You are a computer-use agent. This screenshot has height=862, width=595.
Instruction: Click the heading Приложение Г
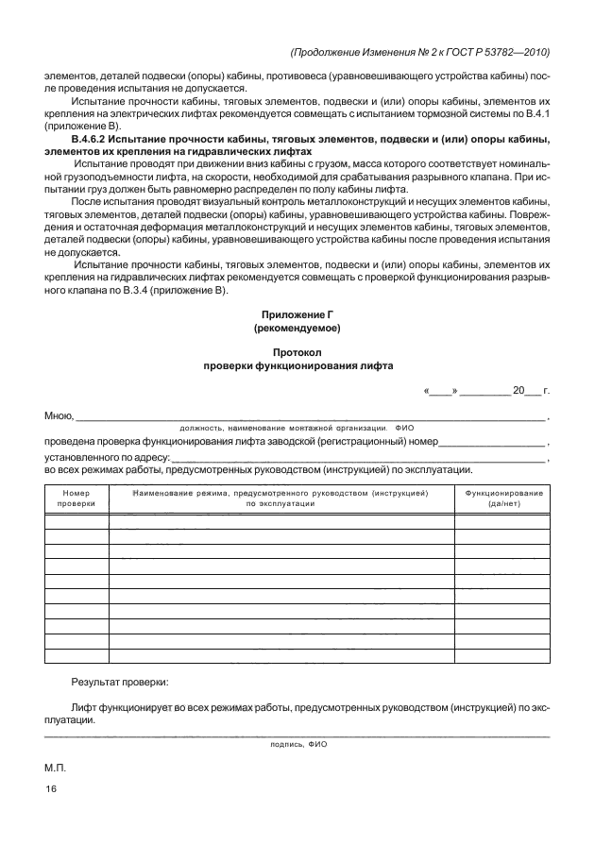(297, 313)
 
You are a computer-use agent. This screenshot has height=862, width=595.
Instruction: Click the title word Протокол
(297, 351)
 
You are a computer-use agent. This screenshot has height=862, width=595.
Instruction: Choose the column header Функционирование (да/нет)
(501, 499)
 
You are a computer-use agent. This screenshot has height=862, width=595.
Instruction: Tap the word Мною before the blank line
(59, 415)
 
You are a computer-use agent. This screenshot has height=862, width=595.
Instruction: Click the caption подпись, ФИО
(297, 744)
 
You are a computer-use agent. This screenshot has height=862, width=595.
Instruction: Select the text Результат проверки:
(120, 681)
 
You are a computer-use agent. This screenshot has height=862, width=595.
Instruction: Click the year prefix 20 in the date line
(518, 389)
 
